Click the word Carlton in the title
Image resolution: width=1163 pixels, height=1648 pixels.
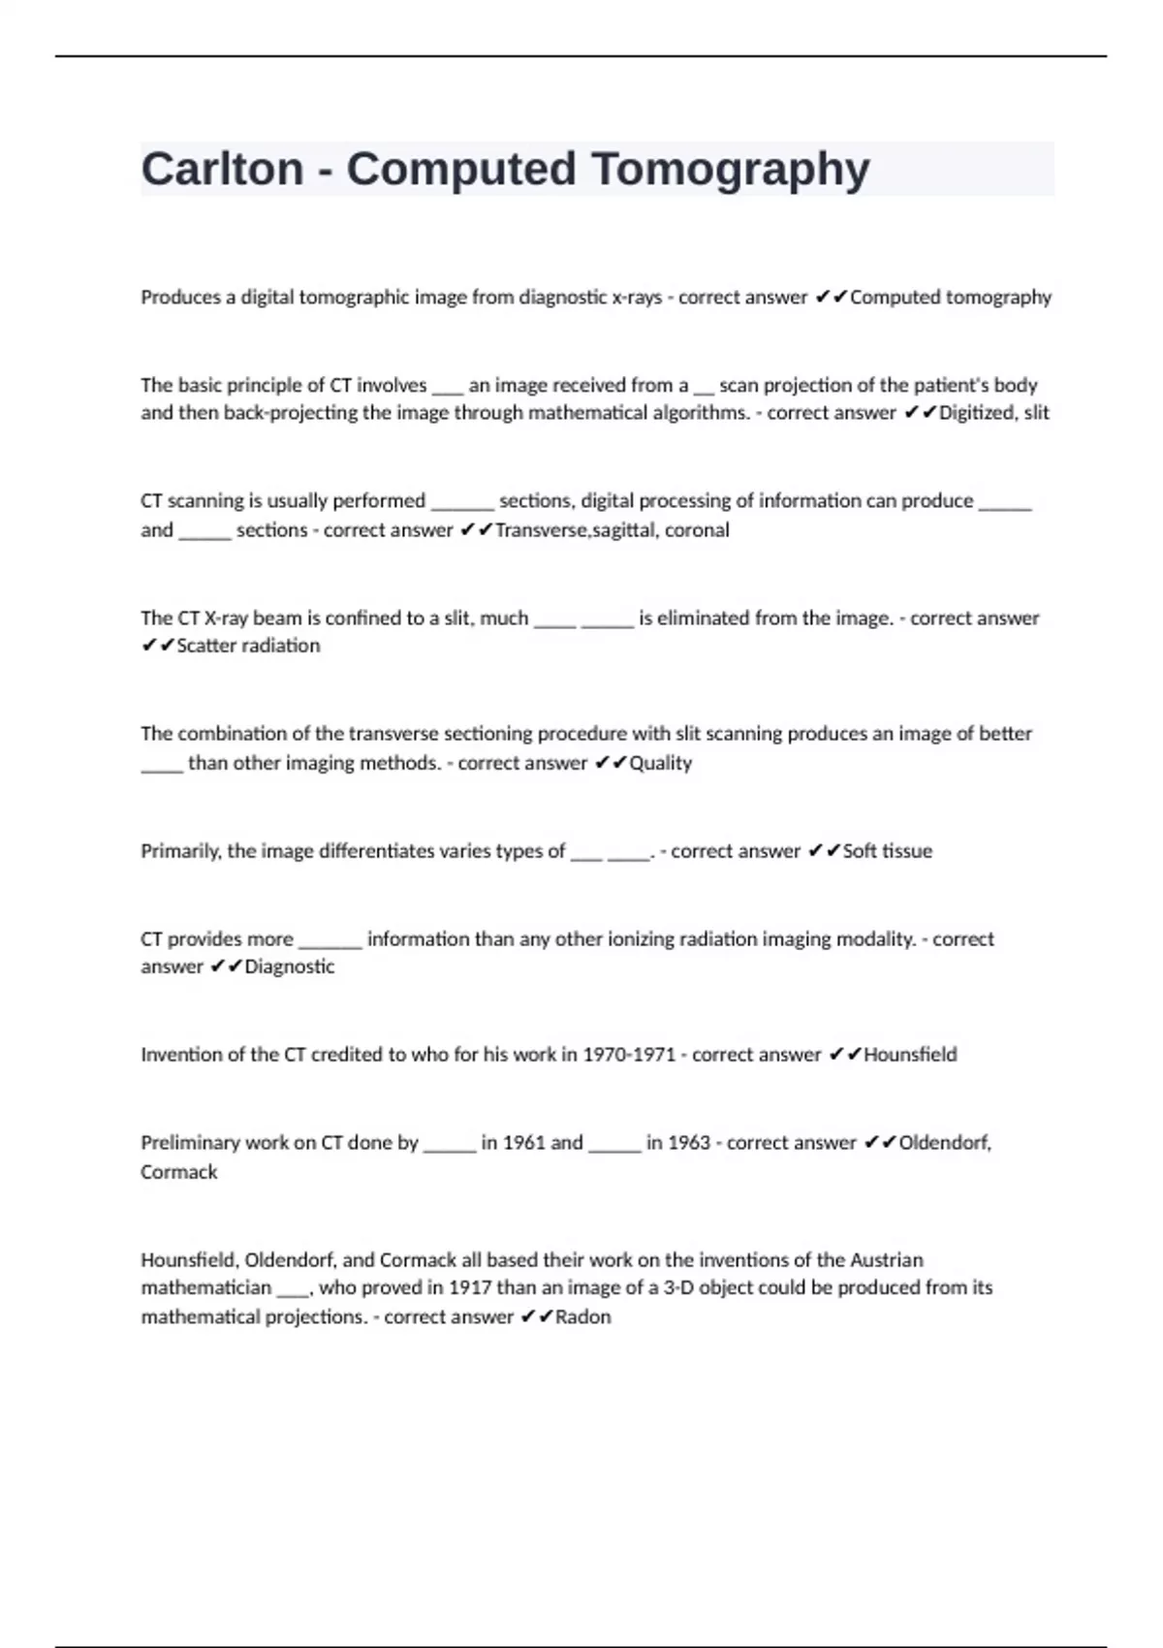[x=222, y=170]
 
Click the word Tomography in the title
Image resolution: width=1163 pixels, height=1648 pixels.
[x=730, y=170]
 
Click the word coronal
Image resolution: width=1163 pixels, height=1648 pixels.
[x=697, y=530]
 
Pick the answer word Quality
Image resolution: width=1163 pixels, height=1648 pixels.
[x=661, y=763]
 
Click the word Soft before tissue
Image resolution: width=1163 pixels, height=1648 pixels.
[x=859, y=851]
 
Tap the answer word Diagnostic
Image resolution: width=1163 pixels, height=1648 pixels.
[x=290, y=967]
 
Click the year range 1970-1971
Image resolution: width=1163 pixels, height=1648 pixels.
[x=628, y=1055]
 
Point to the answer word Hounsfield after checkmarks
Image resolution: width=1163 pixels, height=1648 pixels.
[x=910, y=1055]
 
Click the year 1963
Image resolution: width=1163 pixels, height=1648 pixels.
[x=688, y=1143]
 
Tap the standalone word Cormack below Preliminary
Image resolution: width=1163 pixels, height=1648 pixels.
[x=179, y=1172]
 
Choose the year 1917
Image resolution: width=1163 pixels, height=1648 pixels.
[x=469, y=1288]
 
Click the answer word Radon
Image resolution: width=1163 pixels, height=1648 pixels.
[x=583, y=1317]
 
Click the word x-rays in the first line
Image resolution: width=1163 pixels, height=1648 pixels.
[x=637, y=298]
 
